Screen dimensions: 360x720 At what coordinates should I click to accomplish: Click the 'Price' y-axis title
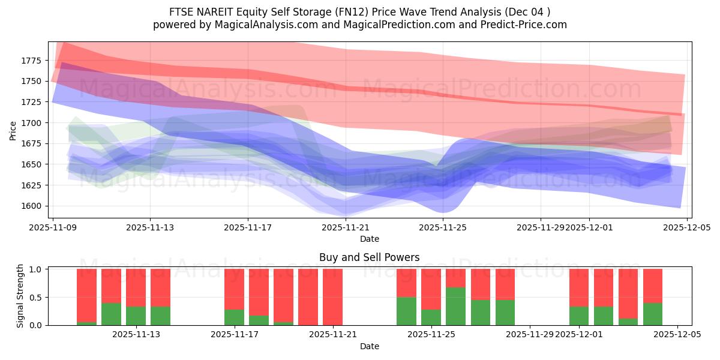(x=13, y=130)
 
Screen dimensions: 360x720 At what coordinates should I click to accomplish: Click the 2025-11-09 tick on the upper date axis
(x=53, y=228)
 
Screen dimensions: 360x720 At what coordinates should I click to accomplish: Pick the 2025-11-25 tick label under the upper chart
(x=443, y=228)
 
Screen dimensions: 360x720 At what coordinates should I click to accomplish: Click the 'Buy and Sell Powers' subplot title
(x=369, y=257)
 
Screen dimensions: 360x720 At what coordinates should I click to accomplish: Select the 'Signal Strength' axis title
(x=20, y=296)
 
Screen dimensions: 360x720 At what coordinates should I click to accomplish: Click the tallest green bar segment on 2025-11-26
(x=455, y=306)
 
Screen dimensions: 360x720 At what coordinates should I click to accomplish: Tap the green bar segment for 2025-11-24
(x=406, y=311)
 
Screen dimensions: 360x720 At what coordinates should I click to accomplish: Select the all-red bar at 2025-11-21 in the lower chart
(x=332, y=297)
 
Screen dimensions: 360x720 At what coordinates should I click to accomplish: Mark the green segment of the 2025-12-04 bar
(x=653, y=314)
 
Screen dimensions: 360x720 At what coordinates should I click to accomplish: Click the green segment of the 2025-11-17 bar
(x=235, y=317)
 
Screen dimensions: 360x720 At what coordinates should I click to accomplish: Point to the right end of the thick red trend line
(x=680, y=114)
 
